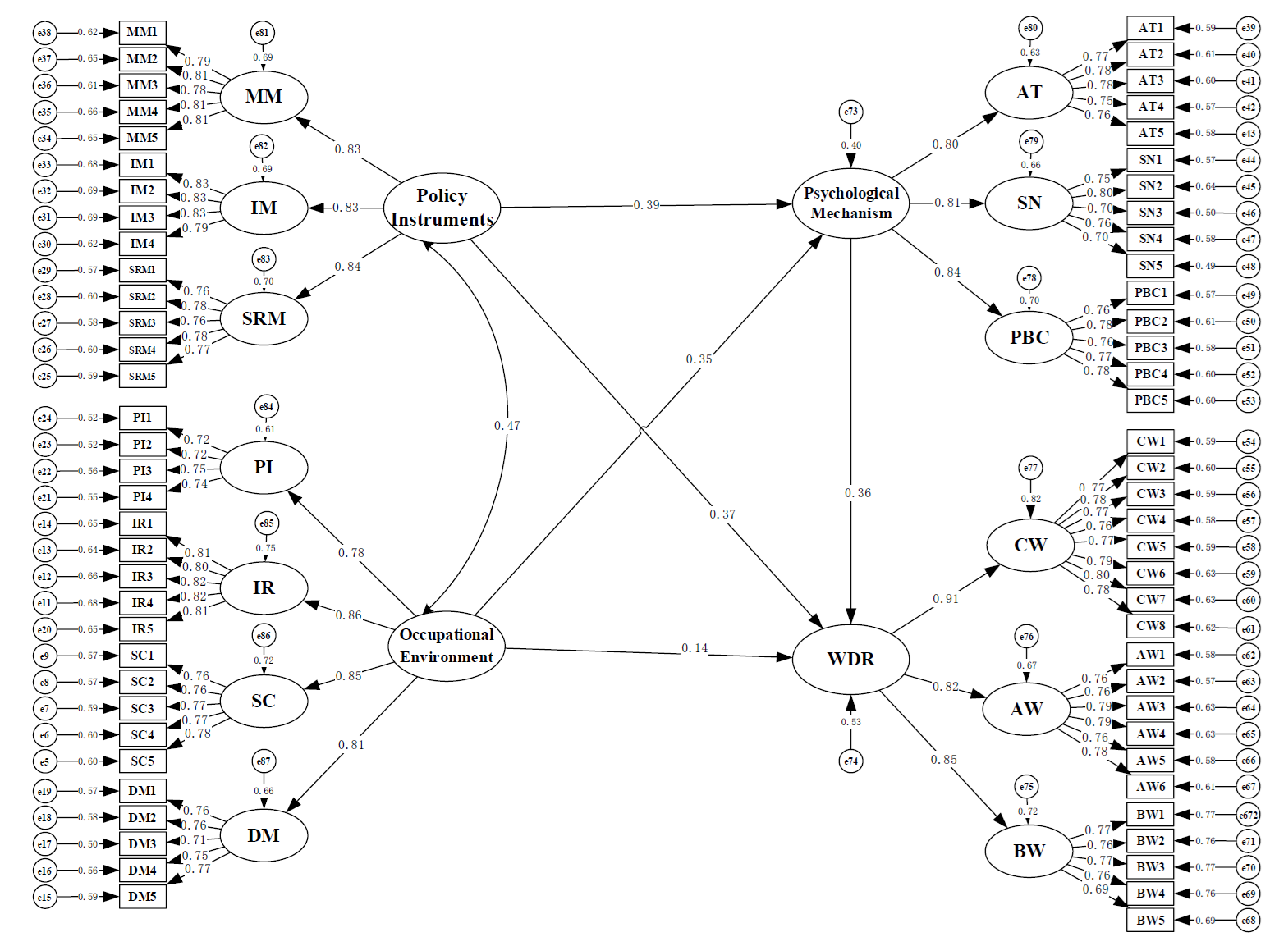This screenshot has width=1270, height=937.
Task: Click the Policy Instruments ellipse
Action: (x=442, y=208)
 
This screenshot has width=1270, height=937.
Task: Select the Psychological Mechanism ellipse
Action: (x=850, y=203)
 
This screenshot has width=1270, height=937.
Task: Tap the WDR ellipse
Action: (x=850, y=659)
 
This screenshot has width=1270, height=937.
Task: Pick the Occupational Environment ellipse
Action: (x=446, y=646)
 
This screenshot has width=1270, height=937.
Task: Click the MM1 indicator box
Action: (x=142, y=32)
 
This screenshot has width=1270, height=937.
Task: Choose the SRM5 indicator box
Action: (x=142, y=376)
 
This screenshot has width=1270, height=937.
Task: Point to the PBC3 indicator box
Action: (x=1150, y=348)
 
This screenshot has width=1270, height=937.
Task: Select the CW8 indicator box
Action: (x=1150, y=626)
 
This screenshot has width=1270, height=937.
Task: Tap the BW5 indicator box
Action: (x=1150, y=920)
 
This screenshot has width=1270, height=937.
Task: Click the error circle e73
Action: (x=850, y=112)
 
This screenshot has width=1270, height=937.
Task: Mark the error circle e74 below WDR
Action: (x=850, y=761)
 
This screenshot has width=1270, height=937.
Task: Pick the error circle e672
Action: (x=1249, y=815)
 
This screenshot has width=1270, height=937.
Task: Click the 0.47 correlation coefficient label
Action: (x=507, y=426)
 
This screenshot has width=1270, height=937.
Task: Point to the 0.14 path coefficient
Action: (x=695, y=648)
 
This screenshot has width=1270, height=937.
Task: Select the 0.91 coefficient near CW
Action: (x=946, y=599)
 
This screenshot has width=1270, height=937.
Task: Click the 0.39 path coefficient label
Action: (x=646, y=205)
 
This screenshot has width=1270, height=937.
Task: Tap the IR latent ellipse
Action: (x=264, y=588)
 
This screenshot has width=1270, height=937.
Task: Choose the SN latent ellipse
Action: (x=1029, y=203)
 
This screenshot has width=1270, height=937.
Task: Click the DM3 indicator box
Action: (x=142, y=843)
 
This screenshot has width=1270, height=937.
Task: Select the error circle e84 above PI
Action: (x=266, y=407)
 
